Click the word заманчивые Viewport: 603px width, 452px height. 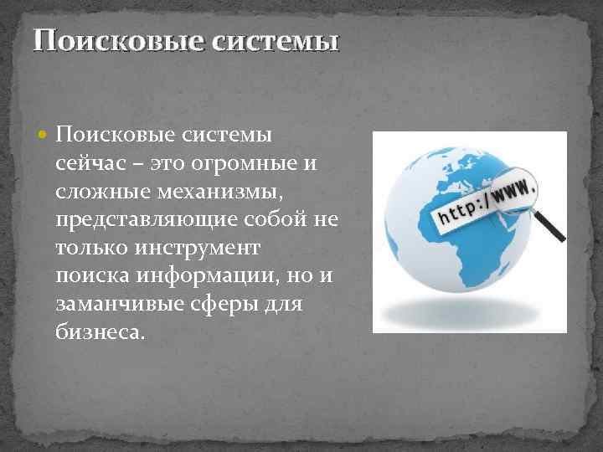click(x=115, y=306)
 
